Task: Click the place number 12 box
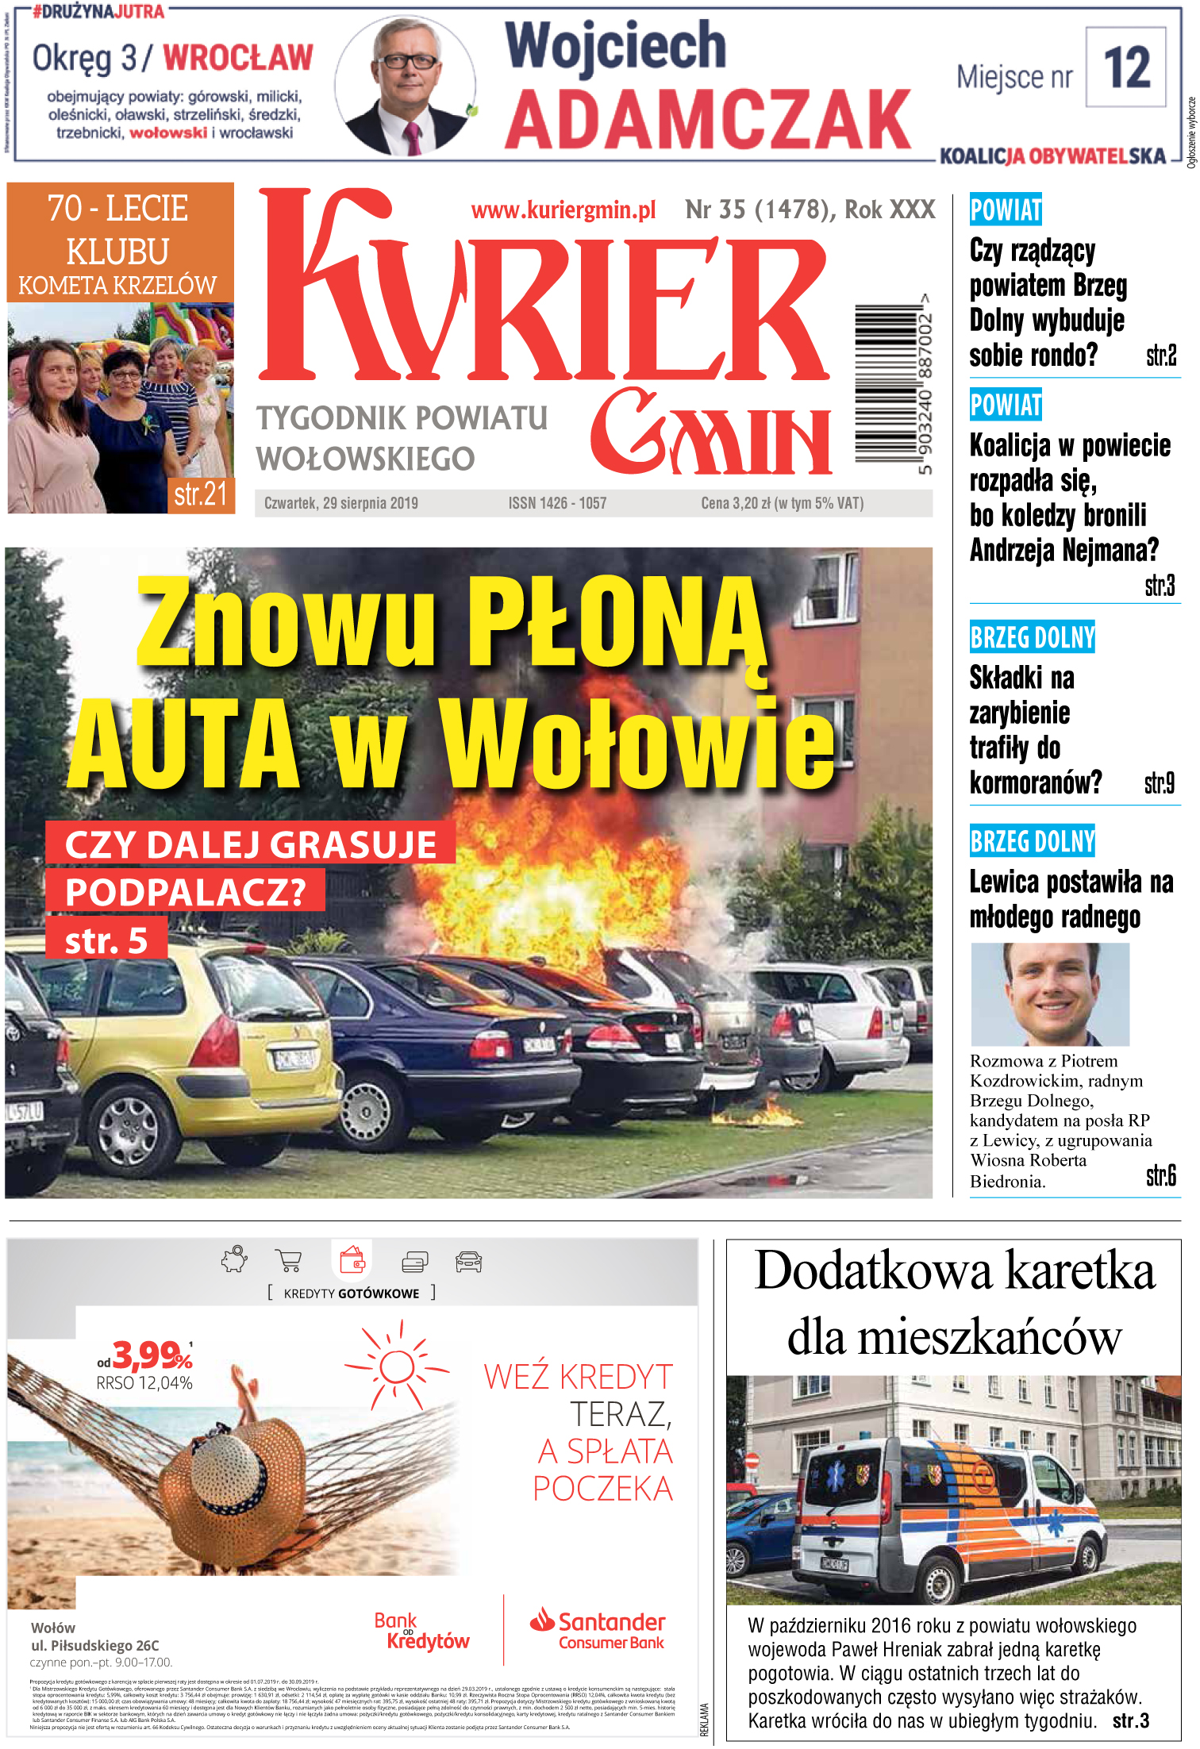[x=1125, y=67]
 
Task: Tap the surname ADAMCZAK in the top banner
[x=708, y=119]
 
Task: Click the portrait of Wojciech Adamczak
[x=406, y=85]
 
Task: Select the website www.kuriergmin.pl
[x=563, y=210]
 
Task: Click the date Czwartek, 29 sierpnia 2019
[x=340, y=503]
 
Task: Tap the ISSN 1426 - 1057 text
[x=557, y=503]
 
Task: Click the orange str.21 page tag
[x=200, y=494]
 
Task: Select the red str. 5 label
[x=106, y=940]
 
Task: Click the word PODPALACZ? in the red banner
[x=185, y=892]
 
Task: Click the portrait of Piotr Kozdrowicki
[x=1049, y=994]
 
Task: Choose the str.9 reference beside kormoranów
[x=1159, y=783]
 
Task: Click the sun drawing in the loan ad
[x=397, y=1367]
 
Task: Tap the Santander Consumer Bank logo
[x=598, y=1631]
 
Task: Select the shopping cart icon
[x=288, y=1260]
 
